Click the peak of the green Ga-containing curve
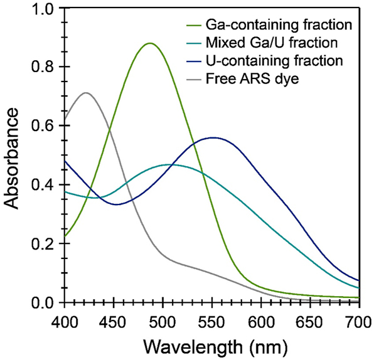(149, 43)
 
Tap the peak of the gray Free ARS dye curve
(87, 93)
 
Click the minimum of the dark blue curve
(117, 204)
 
